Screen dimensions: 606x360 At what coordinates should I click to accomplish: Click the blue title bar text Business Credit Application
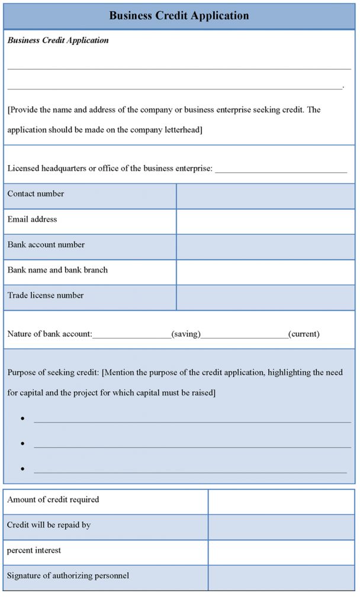click(179, 15)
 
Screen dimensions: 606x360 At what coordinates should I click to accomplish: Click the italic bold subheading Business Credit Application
click(58, 40)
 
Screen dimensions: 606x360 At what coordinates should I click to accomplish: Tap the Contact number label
click(36, 194)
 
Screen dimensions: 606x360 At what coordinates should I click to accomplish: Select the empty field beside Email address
click(265, 221)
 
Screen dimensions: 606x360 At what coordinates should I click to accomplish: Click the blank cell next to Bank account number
click(265, 247)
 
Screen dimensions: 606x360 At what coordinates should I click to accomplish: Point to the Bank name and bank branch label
click(57, 270)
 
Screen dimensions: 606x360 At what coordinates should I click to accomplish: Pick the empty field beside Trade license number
click(265, 298)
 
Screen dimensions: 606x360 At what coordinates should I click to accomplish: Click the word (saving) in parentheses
click(186, 334)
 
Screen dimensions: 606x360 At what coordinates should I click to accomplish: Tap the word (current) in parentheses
click(304, 334)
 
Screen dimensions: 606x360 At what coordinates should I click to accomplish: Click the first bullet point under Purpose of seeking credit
click(22, 418)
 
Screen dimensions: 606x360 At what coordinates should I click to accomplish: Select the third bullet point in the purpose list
click(22, 469)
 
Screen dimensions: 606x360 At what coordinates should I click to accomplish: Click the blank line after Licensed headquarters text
click(281, 170)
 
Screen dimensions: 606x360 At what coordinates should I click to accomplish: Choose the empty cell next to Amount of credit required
click(281, 502)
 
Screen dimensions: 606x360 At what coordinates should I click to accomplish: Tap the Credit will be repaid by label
click(49, 525)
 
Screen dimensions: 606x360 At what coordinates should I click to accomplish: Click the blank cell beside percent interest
click(281, 552)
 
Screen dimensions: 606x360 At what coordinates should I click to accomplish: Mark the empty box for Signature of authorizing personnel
click(281, 578)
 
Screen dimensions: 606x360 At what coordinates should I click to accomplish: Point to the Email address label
click(32, 219)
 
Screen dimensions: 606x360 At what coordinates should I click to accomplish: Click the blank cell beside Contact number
click(265, 196)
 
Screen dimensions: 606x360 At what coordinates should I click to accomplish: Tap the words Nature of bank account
click(49, 334)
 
